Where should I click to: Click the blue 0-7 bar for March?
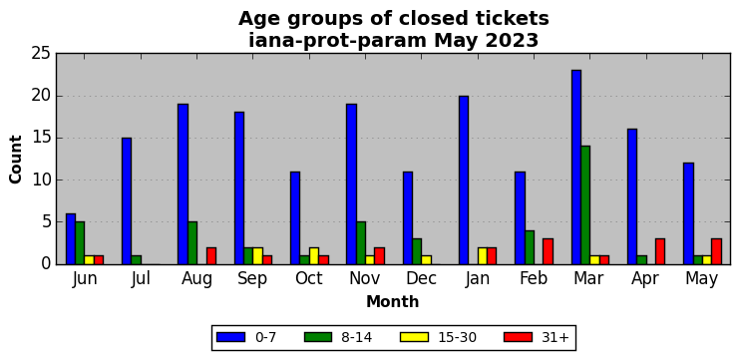coord(576,167)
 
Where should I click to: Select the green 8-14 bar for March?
coord(585,205)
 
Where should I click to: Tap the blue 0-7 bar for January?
coord(464,180)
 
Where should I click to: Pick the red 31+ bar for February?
coord(548,251)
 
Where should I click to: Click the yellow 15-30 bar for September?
coord(257,256)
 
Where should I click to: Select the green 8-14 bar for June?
coord(80,243)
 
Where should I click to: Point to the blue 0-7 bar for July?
coord(127,201)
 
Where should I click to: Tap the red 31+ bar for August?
coord(211,256)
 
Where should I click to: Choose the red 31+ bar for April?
coord(660,251)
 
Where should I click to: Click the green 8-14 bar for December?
coord(417,251)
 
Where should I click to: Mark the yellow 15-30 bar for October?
coord(314,256)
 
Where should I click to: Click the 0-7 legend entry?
coord(246,337)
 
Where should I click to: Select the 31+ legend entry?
coord(538,337)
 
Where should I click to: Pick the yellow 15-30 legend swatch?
coord(414,337)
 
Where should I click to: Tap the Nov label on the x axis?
coord(365,279)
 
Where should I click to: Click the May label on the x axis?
coord(702,280)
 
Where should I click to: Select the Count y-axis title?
coord(16,159)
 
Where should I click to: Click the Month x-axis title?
coord(393,301)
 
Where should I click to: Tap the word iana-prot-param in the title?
coord(338,42)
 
